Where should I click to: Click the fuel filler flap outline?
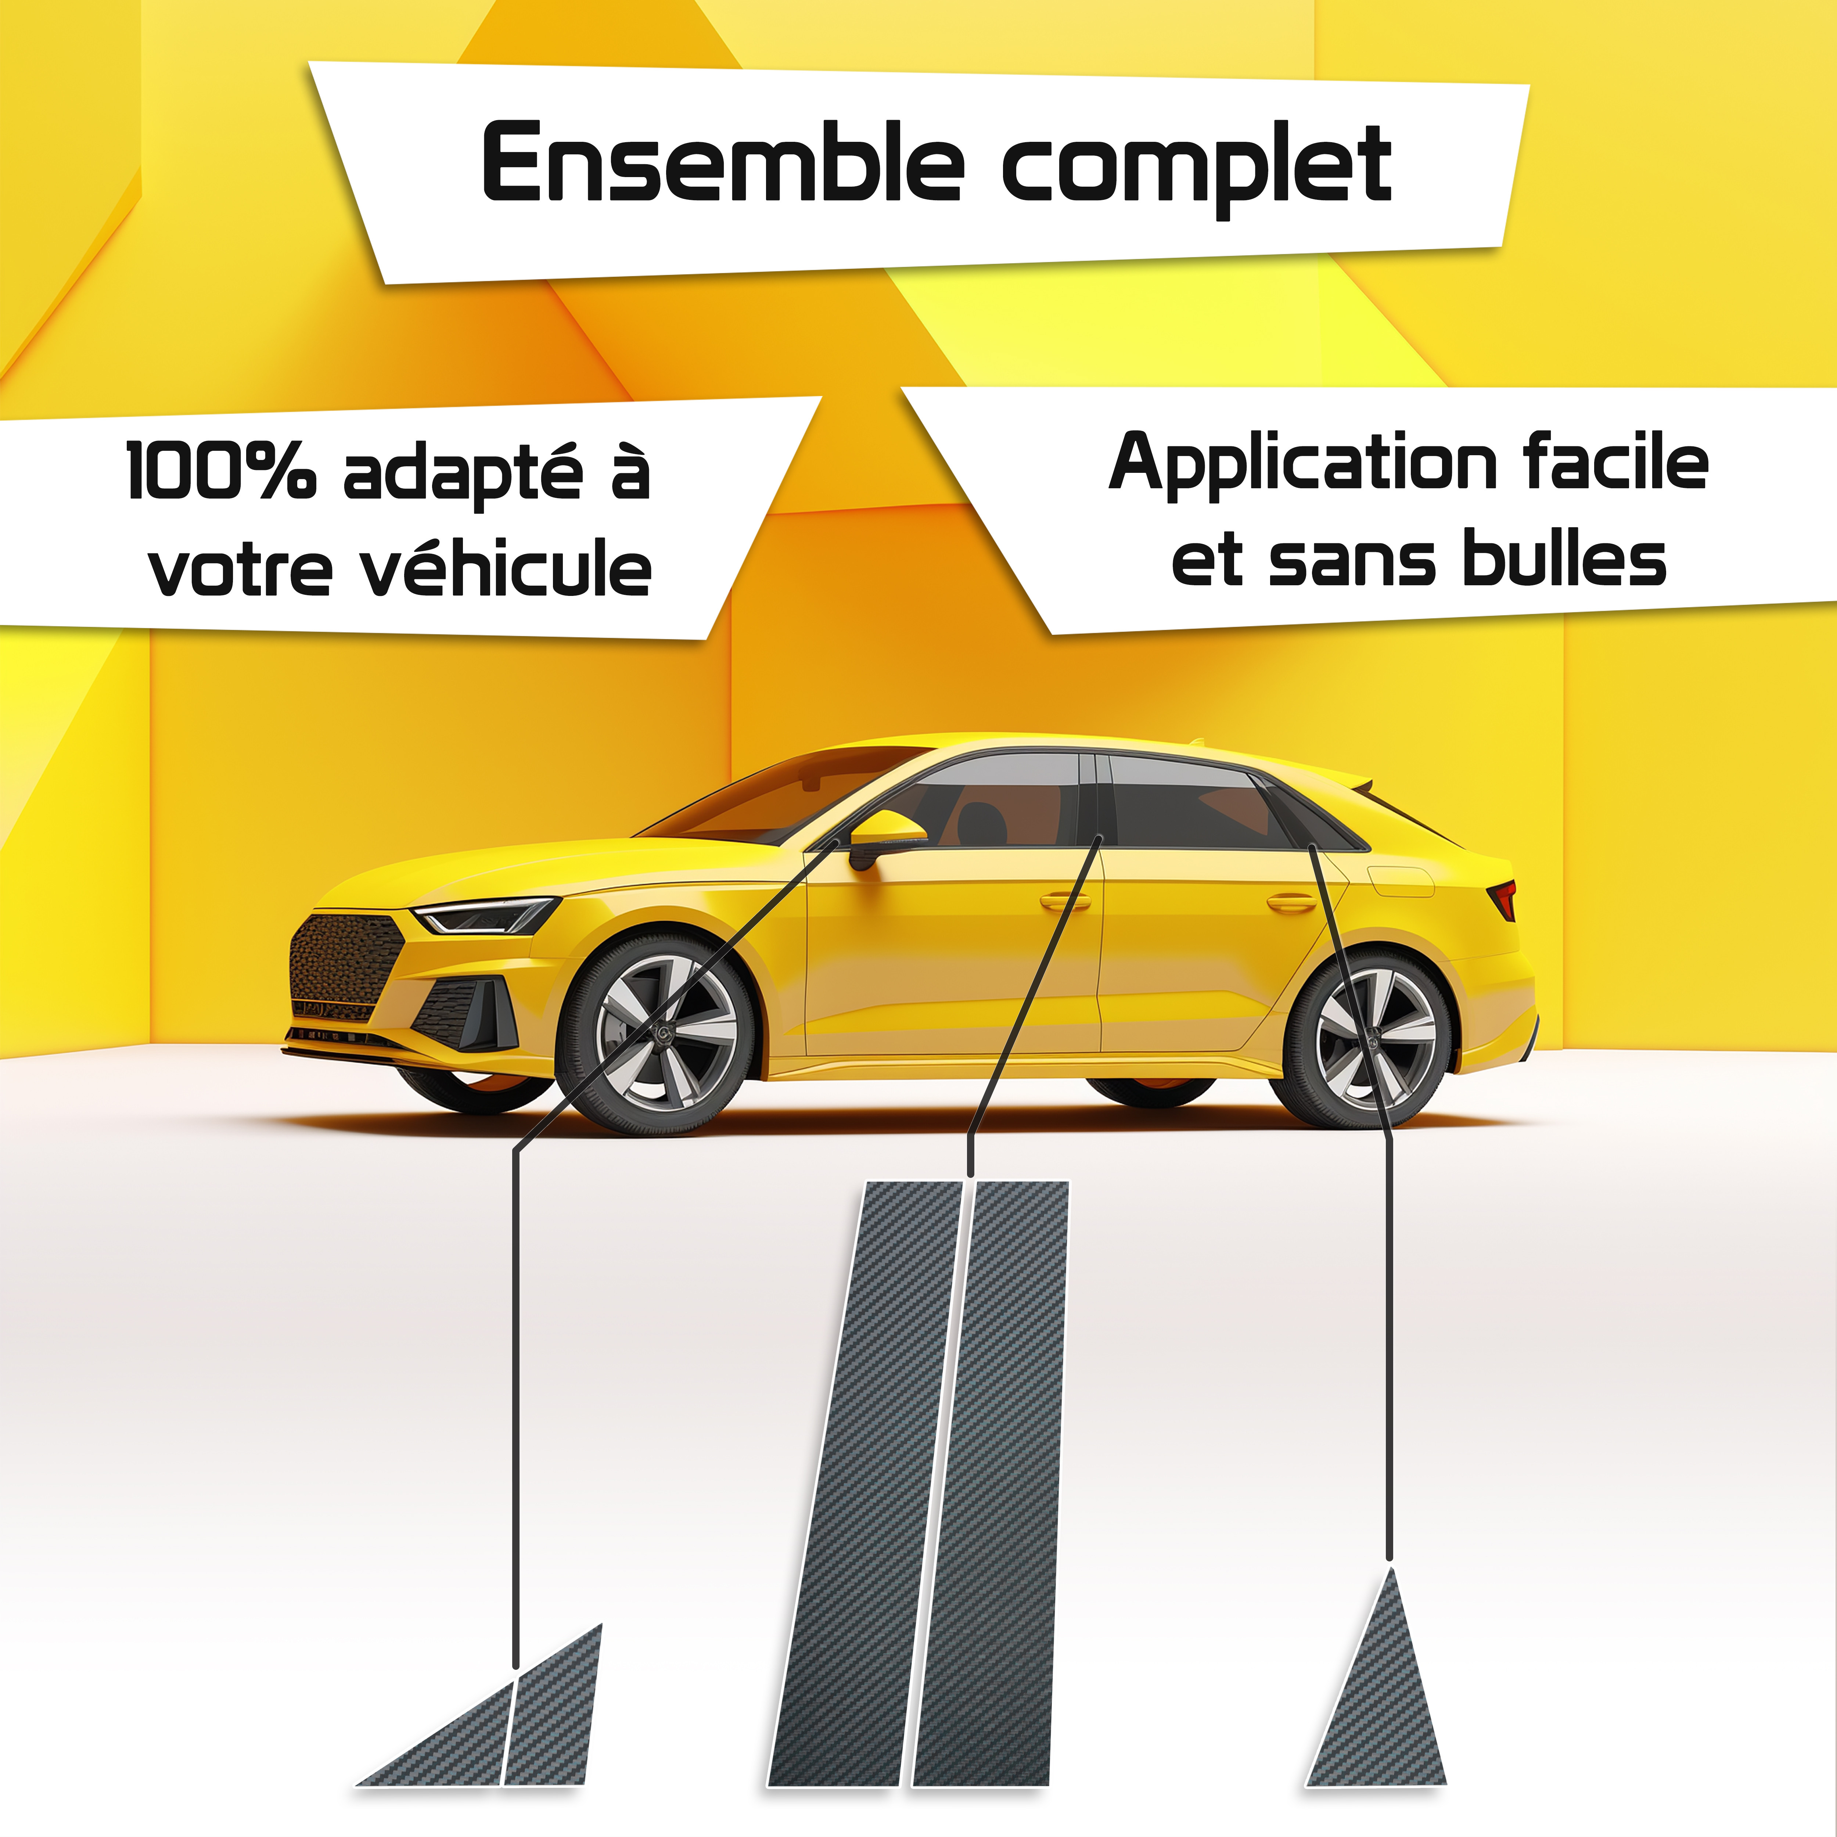point(1401,881)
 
